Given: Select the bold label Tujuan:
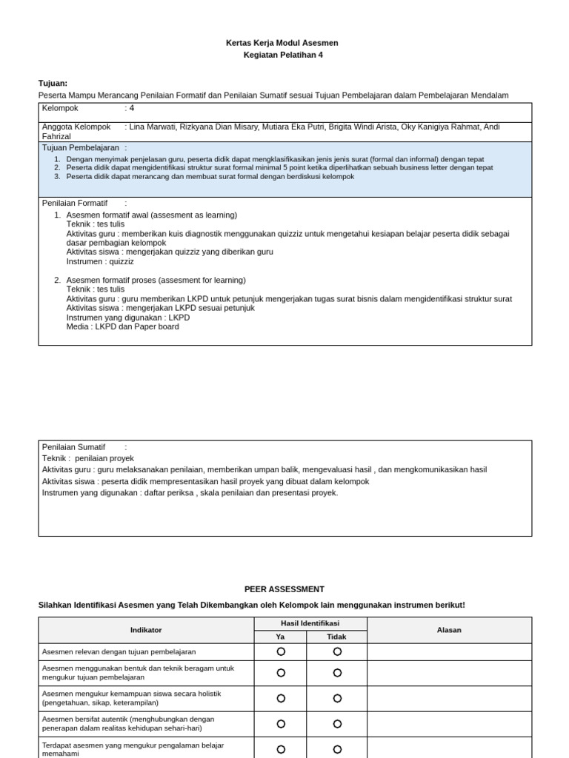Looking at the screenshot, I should coord(53,83).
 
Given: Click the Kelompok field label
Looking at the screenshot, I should coord(60,108).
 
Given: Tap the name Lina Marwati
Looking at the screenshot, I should coord(153,127).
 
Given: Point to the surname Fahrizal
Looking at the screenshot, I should coord(56,137).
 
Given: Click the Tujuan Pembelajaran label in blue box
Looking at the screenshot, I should coord(80,148).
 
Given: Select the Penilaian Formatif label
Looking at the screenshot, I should coord(74,203).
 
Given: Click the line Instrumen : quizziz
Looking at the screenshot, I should coord(100,261).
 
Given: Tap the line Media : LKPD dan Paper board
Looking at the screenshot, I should coord(122,326).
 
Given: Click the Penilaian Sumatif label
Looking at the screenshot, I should coord(73,447).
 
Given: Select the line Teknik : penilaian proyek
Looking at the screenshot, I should coord(88,458).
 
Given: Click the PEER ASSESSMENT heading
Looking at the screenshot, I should coord(284,589).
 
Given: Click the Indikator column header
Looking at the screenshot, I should coord(146,630).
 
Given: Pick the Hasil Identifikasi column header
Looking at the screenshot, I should coord(310,623).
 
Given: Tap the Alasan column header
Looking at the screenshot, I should coord(449,630).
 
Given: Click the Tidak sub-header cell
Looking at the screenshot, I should coord(337,637).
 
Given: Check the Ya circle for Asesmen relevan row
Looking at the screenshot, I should coord(281,651).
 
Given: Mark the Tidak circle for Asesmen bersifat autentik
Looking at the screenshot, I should coord(337,724).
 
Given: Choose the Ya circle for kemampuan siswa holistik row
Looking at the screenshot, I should coord(281,698).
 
